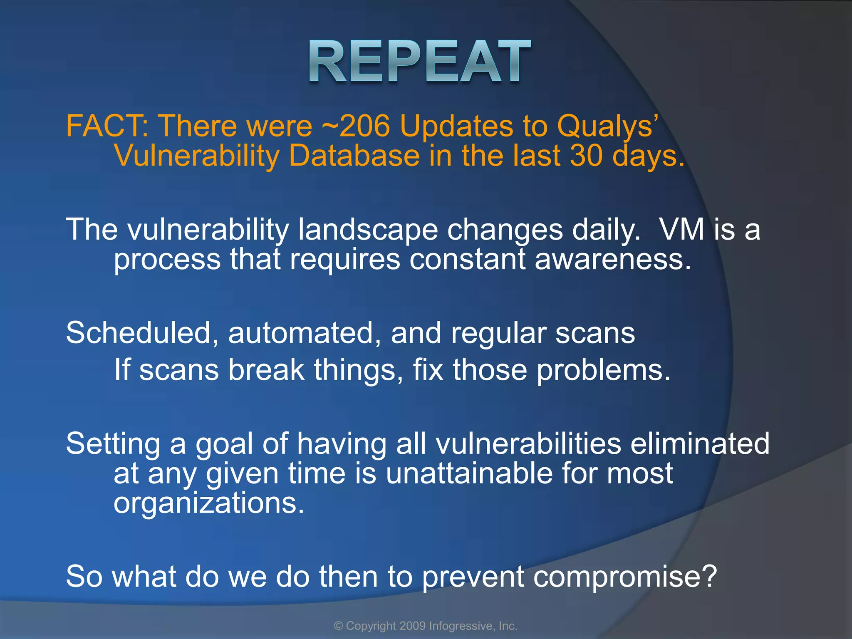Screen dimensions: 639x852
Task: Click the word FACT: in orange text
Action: click(x=107, y=126)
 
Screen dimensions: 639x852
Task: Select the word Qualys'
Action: click(x=607, y=126)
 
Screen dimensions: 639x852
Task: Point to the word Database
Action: click(x=354, y=156)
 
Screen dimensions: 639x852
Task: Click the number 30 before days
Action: click(x=586, y=156)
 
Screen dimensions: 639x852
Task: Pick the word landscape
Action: click(x=368, y=230)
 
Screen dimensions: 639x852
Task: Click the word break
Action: click(x=266, y=370)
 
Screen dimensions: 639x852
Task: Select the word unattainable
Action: click(x=469, y=474)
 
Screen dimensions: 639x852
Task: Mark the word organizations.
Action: click(x=209, y=504)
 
